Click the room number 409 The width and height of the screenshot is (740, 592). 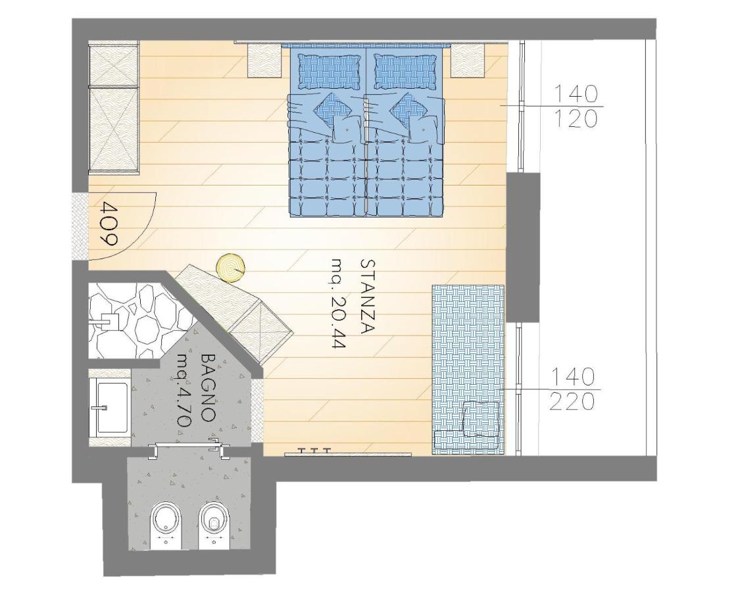(x=109, y=224)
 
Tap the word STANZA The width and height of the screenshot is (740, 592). (x=368, y=297)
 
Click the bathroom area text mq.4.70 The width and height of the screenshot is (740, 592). (x=182, y=391)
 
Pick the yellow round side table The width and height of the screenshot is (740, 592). (x=231, y=268)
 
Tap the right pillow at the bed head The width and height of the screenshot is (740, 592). (x=405, y=71)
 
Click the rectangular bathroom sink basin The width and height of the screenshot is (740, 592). (x=112, y=407)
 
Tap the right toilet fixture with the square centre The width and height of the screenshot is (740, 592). (x=214, y=524)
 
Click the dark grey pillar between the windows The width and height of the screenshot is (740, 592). (x=523, y=248)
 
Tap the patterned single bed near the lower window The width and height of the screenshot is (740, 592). (x=468, y=370)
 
